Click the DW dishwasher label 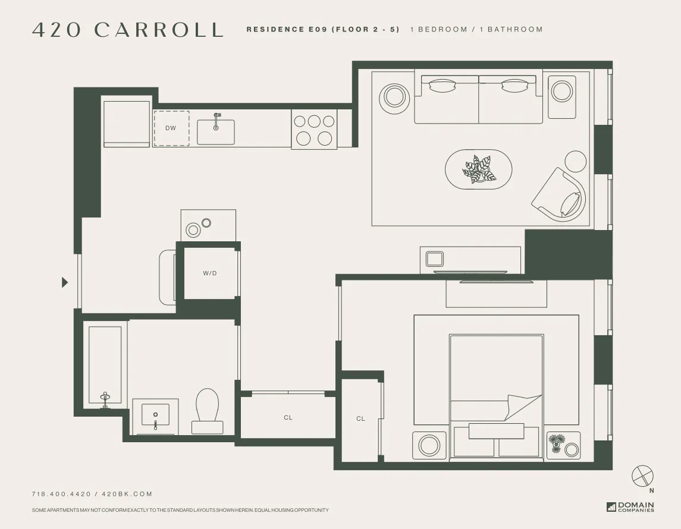pos(171,128)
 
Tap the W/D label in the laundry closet pos(210,273)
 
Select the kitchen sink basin pos(216,132)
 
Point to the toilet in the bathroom pos(208,410)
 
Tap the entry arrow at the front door pos(65,282)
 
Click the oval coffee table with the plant pos(479,169)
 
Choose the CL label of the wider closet pos(288,418)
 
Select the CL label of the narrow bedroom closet pos(360,419)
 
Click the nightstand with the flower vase pos(563,445)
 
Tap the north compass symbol pos(642,476)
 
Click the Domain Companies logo pos(630,507)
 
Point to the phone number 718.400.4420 pos(61,494)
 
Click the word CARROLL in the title pos(159,30)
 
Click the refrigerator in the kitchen pos(127,124)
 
